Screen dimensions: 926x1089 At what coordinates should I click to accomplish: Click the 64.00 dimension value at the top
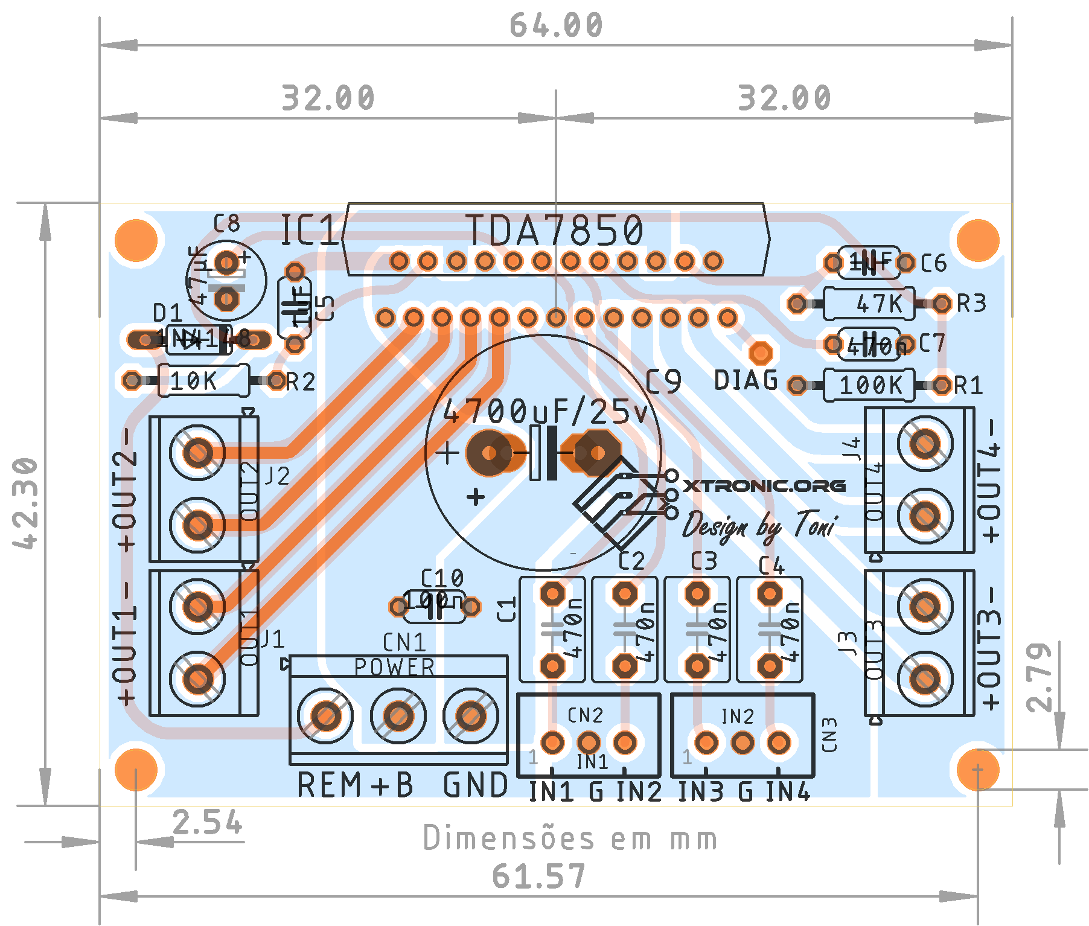pos(556,25)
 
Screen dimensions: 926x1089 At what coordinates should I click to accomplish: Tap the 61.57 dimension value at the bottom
pos(539,877)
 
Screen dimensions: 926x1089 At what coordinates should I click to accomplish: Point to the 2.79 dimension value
pos(1039,677)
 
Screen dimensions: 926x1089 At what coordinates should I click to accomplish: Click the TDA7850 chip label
pos(554,231)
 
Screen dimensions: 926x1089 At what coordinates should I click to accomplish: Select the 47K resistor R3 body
pos(869,304)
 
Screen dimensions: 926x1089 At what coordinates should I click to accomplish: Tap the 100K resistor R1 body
pos(869,385)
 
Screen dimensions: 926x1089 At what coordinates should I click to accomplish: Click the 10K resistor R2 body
pos(203,381)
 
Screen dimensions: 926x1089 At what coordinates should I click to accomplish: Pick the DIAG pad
pos(761,353)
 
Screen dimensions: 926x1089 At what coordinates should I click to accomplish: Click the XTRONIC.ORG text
pos(764,486)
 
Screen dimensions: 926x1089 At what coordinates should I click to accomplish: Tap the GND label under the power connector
pos(476,785)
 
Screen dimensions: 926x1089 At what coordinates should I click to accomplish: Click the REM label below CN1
pos(328,785)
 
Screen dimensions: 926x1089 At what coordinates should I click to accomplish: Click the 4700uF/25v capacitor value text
pos(545,412)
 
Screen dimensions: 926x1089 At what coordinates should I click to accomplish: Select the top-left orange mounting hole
pos(136,240)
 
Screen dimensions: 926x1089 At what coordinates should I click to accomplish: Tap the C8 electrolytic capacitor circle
pos(226,281)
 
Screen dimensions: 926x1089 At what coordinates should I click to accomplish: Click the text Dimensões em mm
pos(570,838)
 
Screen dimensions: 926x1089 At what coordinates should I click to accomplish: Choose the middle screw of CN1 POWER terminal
pos(398,717)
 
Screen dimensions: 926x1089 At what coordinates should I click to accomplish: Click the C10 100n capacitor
pos(434,605)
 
